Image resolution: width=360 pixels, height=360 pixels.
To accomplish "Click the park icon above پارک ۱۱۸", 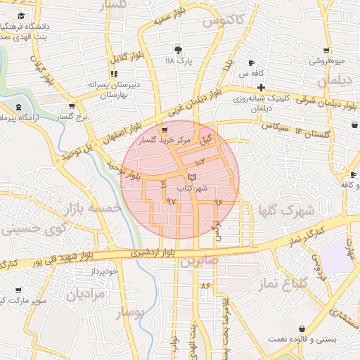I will coord(178,50).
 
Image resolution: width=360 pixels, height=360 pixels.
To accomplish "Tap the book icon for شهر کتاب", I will coord(193,176).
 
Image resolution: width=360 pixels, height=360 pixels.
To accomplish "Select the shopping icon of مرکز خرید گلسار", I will coord(165,130).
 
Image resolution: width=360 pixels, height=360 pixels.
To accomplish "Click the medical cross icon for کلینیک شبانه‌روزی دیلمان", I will coord(261,88).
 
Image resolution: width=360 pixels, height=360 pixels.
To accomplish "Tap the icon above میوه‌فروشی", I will coord(327,51).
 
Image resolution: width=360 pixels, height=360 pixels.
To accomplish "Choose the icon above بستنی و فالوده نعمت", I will coord(302,328).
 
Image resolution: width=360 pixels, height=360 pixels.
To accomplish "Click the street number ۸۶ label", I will coord(205,286).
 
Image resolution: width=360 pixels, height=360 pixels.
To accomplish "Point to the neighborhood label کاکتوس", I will coord(223,22).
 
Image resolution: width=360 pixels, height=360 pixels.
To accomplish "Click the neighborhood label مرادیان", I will coord(86,294).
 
